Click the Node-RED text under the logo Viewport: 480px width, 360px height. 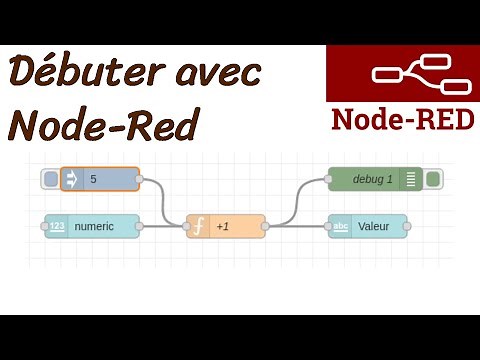[x=402, y=119]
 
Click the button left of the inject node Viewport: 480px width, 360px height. [x=51, y=180]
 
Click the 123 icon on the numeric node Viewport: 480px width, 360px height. [x=57, y=226]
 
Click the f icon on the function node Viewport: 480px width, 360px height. [x=199, y=226]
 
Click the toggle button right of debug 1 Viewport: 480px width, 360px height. [x=433, y=180]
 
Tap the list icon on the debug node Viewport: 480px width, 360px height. [x=410, y=180]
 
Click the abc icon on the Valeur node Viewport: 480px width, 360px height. [x=341, y=226]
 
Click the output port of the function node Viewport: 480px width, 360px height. [x=266, y=226]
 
